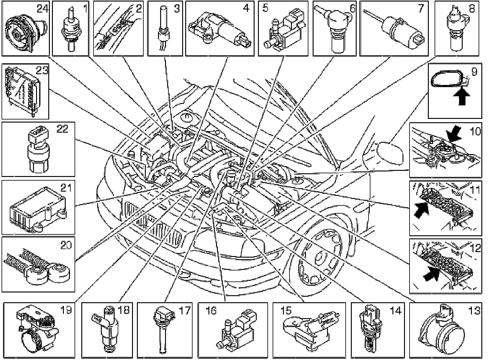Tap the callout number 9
click(x=474, y=72)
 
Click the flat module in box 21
click(x=38, y=208)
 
